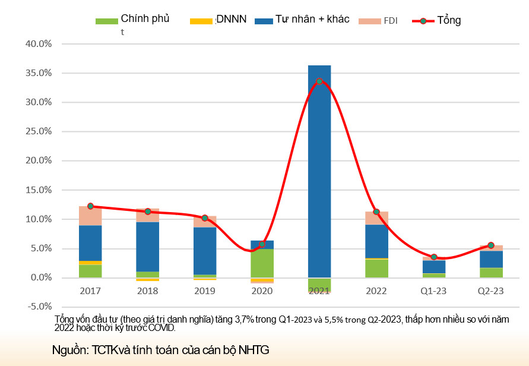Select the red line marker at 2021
[319, 81]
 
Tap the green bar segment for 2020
[262, 263]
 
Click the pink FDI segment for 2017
[90, 216]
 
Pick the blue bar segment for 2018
[148, 247]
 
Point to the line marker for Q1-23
[434, 257]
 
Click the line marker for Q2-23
[491, 245]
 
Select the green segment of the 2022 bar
[376, 268]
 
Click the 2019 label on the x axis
[205, 291]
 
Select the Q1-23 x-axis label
[434, 291]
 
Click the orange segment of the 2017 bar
[90, 263]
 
